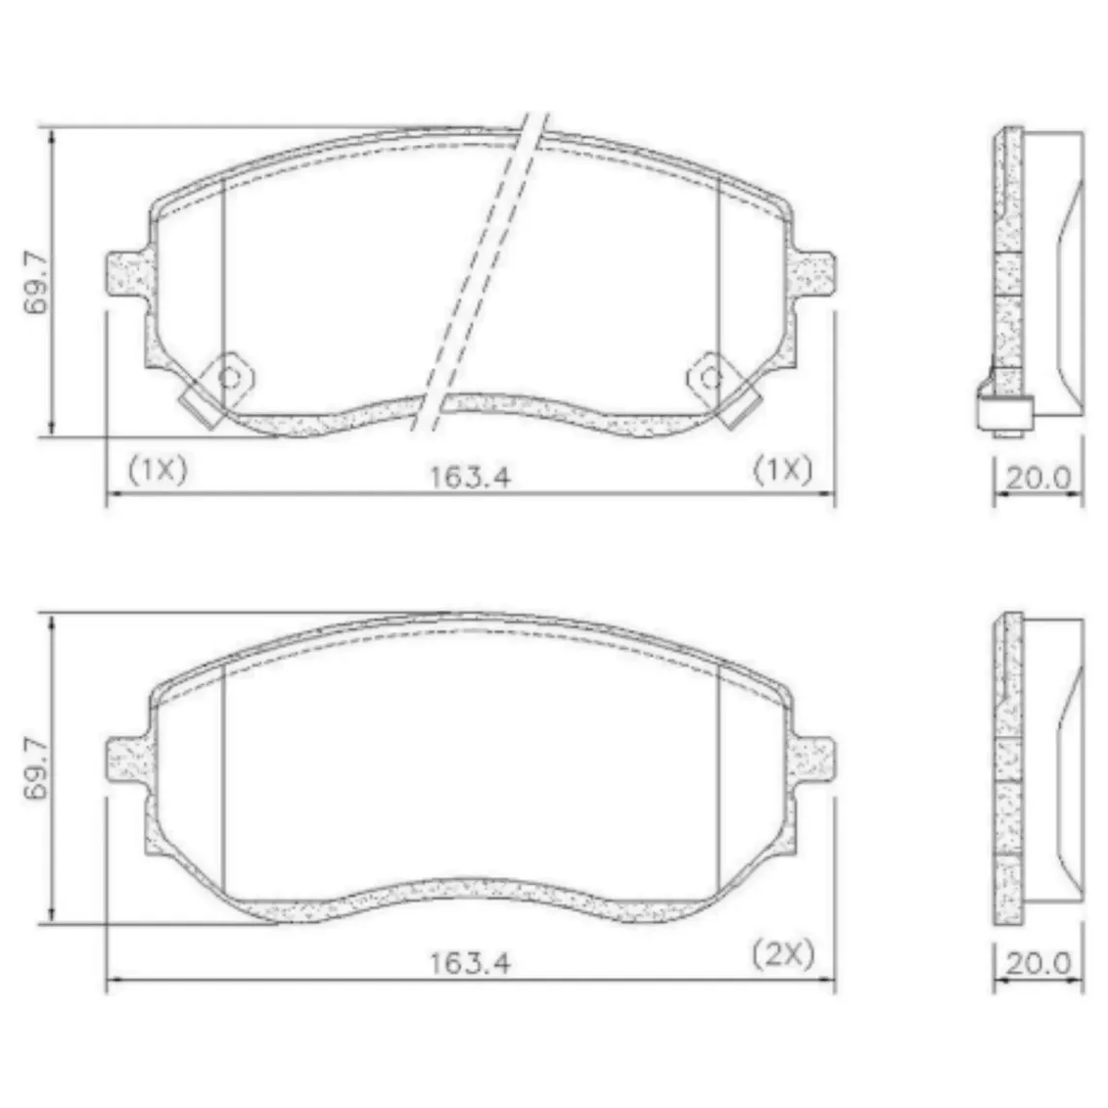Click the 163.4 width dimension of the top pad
coord(470,477)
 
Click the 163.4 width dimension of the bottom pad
coord(470,962)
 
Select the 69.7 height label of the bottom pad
coord(37,768)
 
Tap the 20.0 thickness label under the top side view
coord(1039,478)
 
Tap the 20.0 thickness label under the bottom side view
coord(1039,963)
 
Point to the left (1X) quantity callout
coord(158,469)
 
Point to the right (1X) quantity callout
coord(783,469)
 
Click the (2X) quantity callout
coord(783,954)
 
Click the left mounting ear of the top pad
coord(127,274)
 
